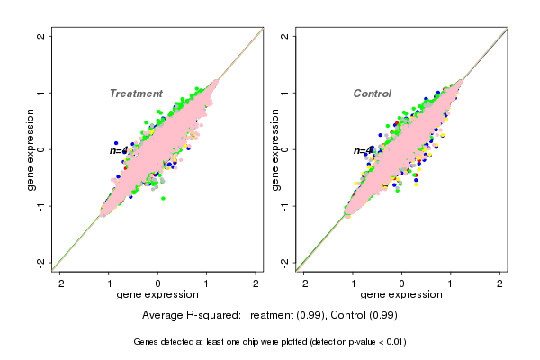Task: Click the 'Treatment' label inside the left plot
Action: (136, 94)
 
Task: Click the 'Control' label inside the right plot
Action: (373, 94)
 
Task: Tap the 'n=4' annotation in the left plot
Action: (120, 150)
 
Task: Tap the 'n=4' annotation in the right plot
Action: (363, 151)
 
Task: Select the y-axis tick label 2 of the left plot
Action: (41, 37)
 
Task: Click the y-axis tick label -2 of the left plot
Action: (41, 263)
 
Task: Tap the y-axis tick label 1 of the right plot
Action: (285, 93)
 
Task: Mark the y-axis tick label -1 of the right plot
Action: (285, 206)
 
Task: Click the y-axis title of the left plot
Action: (31, 149)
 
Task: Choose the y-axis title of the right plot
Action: (275, 149)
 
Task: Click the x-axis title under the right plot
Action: (401, 295)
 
